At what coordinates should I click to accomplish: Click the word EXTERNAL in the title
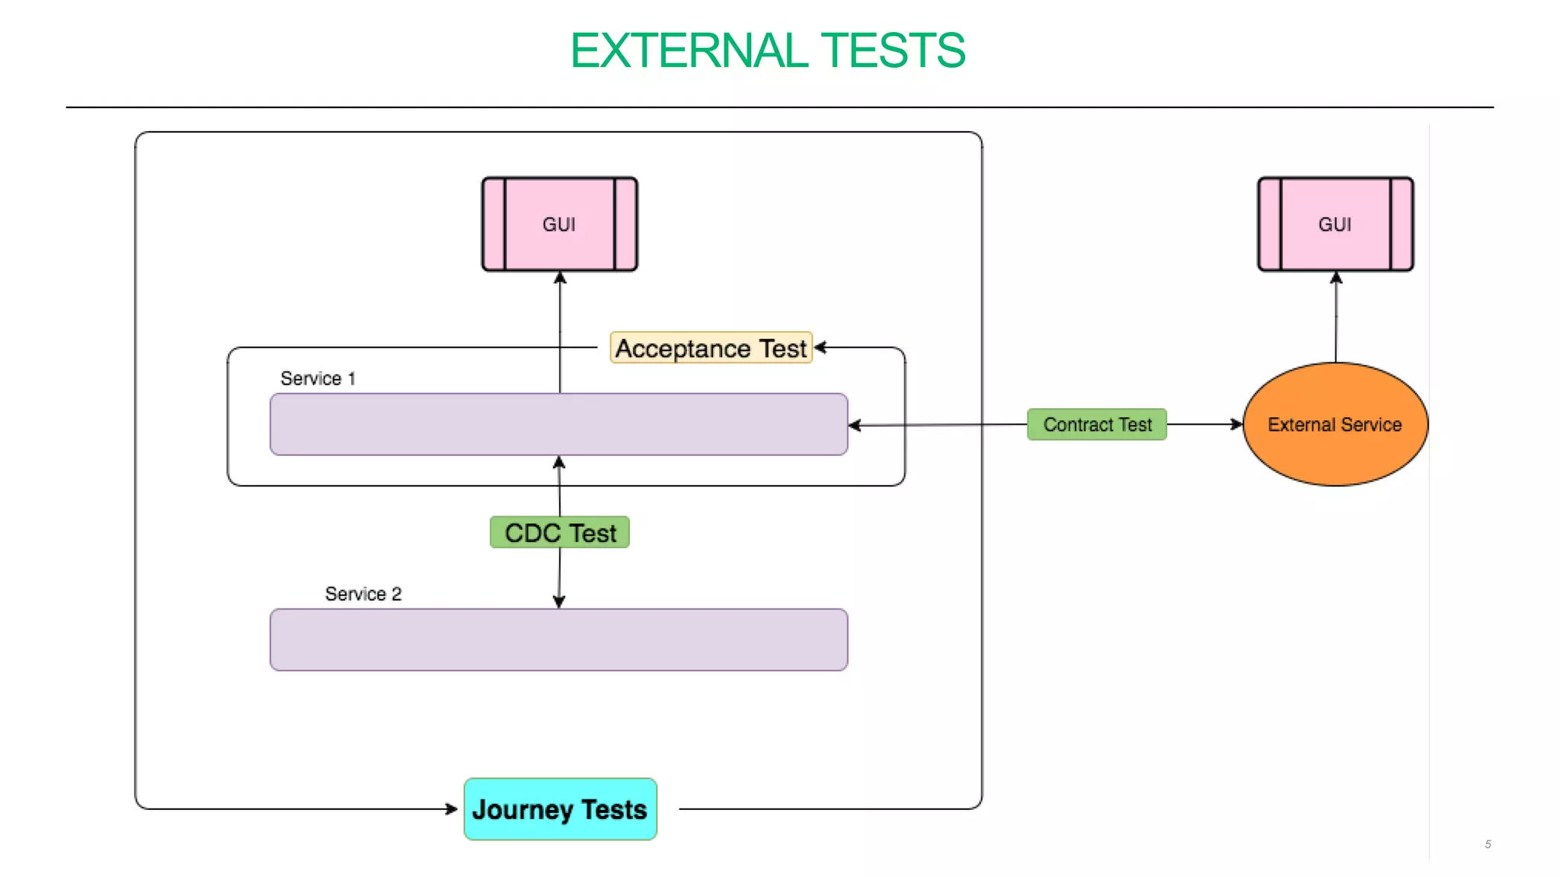(x=689, y=51)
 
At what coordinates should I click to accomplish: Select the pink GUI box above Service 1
(x=559, y=224)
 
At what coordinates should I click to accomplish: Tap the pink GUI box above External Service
(x=1335, y=224)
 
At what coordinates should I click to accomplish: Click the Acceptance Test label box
(x=711, y=348)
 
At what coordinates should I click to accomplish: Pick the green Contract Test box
(x=1096, y=424)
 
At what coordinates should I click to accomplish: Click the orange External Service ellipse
(x=1335, y=424)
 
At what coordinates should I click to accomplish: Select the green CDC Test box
(x=559, y=532)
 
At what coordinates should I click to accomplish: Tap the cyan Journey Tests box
(x=560, y=808)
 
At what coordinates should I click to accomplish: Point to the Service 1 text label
(x=318, y=378)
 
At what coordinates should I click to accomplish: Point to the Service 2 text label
(x=363, y=594)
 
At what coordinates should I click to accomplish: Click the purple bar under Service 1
(x=558, y=424)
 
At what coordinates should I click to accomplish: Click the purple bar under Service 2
(x=558, y=639)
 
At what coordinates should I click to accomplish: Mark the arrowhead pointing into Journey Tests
(x=452, y=808)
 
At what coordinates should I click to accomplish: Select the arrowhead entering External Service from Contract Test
(x=1236, y=424)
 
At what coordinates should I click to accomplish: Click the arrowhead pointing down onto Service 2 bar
(x=558, y=601)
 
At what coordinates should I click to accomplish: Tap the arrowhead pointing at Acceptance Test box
(x=820, y=348)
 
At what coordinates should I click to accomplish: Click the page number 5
(x=1487, y=844)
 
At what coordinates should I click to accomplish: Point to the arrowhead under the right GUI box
(x=1335, y=278)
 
